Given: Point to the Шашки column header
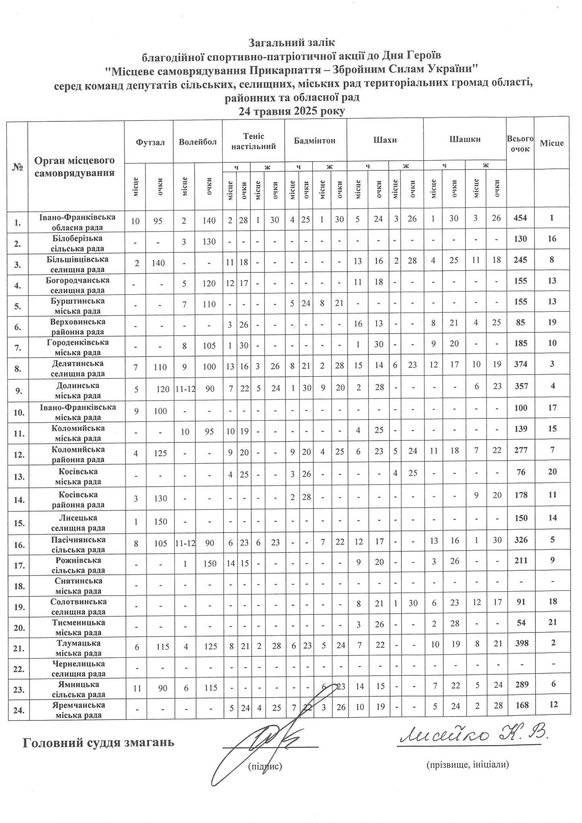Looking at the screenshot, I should (465, 140).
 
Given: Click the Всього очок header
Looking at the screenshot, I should (520, 143).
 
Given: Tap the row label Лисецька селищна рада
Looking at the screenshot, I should (78, 522).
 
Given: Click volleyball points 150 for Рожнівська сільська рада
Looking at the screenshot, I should (209, 565).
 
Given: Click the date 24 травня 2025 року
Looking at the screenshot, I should (292, 111).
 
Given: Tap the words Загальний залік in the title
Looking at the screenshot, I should (291, 42).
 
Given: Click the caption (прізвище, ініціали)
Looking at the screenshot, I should (468, 765).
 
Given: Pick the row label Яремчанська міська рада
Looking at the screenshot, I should (78, 710).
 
